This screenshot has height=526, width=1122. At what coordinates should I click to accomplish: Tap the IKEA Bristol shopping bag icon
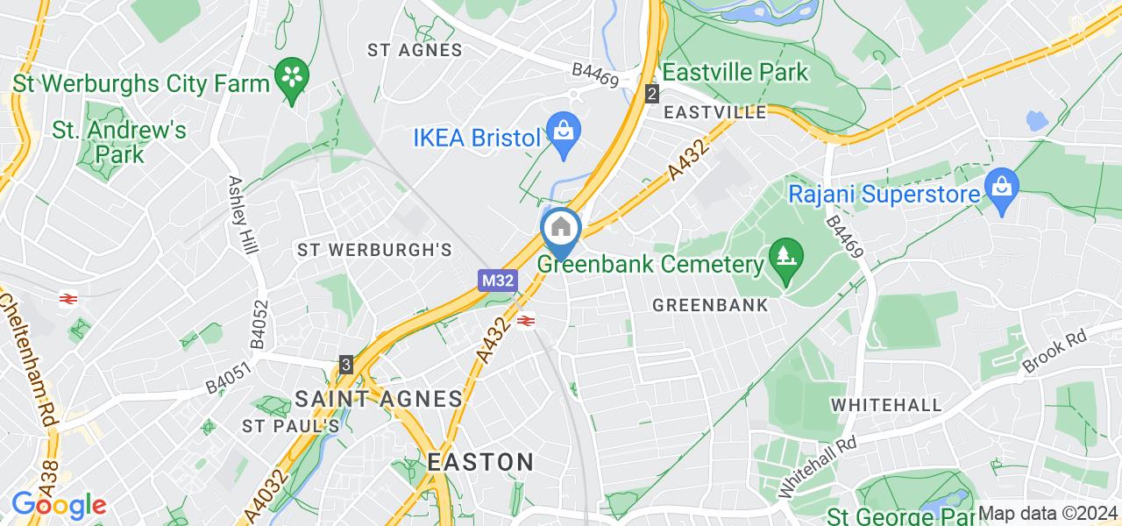(x=561, y=132)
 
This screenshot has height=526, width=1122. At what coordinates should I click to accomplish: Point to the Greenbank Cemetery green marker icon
(x=784, y=258)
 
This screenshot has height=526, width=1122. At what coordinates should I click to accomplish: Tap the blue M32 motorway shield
(x=497, y=281)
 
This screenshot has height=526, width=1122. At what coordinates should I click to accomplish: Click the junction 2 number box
(x=651, y=94)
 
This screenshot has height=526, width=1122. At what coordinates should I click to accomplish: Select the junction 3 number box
(x=347, y=364)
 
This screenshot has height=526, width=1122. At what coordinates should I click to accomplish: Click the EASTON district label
(x=480, y=462)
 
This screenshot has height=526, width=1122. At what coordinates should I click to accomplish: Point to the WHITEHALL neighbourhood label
(x=886, y=405)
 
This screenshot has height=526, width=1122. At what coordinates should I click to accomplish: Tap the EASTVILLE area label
(x=715, y=112)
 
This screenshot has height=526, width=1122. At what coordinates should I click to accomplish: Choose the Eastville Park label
(x=735, y=72)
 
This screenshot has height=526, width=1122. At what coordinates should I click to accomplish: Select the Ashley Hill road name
(x=243, y=215)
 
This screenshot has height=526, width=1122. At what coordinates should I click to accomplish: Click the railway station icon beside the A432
(x=527, y=321)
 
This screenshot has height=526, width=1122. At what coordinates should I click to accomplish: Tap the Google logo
(x=58, y=505)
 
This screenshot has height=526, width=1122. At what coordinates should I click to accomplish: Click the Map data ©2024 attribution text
(x=1048, y=514)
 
